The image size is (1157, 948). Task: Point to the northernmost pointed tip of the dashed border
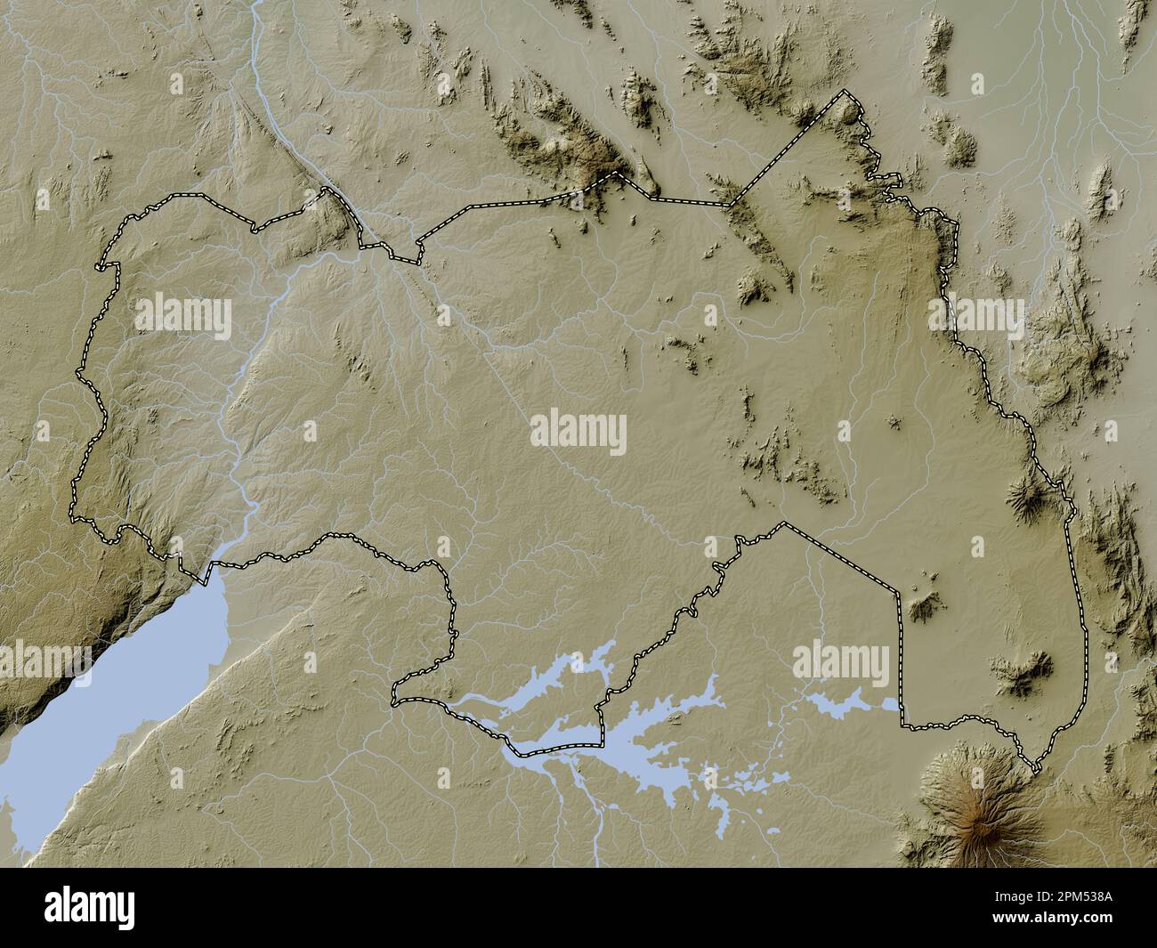tap(845, 93)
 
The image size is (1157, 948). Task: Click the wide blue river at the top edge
tap(258, 36)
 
